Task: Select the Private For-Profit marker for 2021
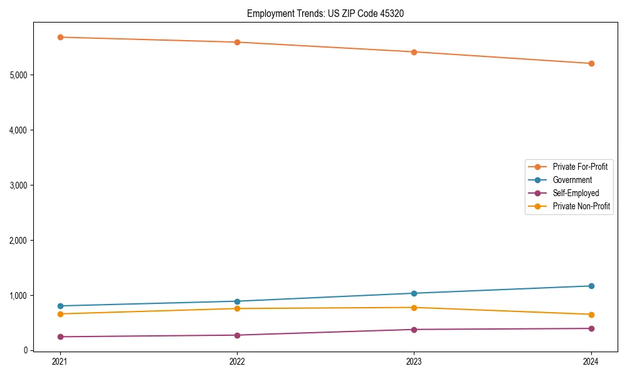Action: pyautogui.click(x=60, y=37)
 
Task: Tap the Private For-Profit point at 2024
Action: pyautogui.click(x=591, y=63)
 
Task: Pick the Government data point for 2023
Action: pyautogui.click(x=414, y=293)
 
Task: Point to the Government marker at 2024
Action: pyautogui.click(x=591, y=286)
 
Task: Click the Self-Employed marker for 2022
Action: pyautogui.click(x=237, y=335)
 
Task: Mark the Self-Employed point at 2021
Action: pyautogui.click(x=60, y=337)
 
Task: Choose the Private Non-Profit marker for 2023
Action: pyautogui.click(x=414, y=308)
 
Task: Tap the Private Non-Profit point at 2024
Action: pyautogui.click(x=591, y=315)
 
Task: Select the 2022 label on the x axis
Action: pyautogui.click(x=237, y=362)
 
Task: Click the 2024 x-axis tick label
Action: pyautogui.click(x=591, y=362)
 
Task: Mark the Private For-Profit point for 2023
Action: pyautogui.click(x=414, y=52)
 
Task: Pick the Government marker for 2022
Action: pyautogui.click(x=237, y=301)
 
